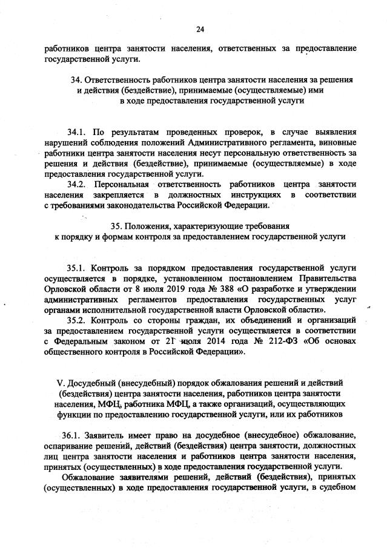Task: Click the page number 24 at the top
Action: pos(200,28)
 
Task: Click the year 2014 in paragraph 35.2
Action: pos(211,342)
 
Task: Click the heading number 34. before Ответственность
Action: pos(77,80)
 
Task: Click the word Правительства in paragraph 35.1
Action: pos(328,277)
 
